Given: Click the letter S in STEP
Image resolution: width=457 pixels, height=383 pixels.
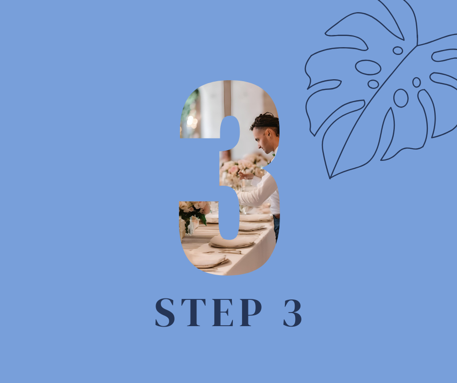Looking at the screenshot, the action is pos(165,312).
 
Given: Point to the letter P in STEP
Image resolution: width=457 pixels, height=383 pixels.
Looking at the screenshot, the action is pos(251,312).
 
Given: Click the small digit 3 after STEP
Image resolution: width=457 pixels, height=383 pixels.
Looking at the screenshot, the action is pos(292,312).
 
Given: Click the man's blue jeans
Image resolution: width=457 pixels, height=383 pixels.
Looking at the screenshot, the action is pos(276,227).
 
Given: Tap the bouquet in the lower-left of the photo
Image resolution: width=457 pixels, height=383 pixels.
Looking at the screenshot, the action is pos(194,213).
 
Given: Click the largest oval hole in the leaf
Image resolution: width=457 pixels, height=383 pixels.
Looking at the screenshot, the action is pos(368,68).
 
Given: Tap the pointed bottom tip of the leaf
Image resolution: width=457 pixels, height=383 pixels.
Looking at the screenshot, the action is pos(330,178).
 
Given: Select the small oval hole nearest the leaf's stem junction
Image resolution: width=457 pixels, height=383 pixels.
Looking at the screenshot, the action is pos(398,51).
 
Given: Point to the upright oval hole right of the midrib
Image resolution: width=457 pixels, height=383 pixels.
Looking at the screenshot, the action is pos(401,98).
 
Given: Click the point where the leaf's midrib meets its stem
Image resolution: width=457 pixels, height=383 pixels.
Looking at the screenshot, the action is pos(417,45).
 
